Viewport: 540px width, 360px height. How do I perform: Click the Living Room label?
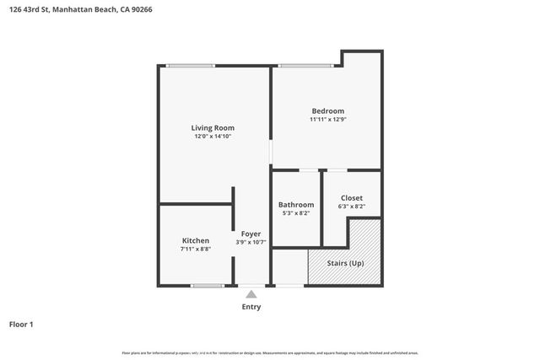point(213,127)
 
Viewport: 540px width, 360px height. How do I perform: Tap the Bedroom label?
point(328,111)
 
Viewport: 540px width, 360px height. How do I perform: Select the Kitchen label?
point(195,240)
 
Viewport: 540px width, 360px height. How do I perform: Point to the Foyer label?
point(251,234)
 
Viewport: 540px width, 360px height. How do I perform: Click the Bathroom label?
point(296,205)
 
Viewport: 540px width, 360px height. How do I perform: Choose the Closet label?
point(351,198)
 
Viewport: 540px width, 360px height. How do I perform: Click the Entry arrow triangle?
point(251,294)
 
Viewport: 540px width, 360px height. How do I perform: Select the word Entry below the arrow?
point(251,307)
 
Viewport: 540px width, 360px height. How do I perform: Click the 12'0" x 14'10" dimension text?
point(213,136)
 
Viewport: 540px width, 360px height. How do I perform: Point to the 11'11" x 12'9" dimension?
point(328,120)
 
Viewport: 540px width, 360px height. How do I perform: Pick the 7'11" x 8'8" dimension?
point(195,249)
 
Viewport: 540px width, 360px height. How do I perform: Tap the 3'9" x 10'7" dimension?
point(251,242)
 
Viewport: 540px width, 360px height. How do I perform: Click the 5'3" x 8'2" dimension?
point(296,213)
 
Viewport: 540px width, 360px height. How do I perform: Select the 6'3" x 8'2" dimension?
point(351,207)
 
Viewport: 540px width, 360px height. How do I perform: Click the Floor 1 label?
point(21,324)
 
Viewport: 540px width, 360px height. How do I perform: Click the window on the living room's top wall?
point(190,66)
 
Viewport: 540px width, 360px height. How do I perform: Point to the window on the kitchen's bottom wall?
point(207,286)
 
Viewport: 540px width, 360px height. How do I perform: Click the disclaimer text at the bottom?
point(270,352)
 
